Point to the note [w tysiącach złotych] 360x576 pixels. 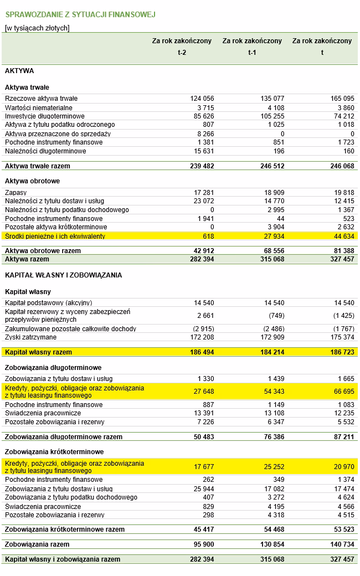37,28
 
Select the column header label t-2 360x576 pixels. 182,53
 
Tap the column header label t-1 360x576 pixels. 252,53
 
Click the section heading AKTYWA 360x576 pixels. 19,71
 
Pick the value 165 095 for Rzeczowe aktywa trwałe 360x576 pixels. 342,99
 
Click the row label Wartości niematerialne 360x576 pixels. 39,107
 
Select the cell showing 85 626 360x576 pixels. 202,116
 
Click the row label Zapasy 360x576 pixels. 16,192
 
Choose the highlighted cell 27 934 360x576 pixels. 272,236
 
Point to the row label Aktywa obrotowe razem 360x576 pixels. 43,251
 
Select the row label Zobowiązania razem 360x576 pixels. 37,544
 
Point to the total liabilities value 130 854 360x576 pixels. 271,544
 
